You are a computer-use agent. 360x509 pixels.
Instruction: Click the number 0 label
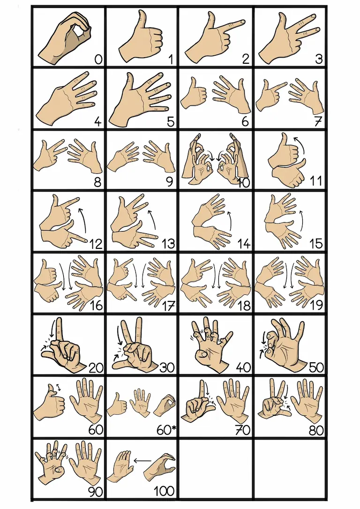click(x=98, y=59)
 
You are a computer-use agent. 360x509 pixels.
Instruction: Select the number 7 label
click(x=318, y=121)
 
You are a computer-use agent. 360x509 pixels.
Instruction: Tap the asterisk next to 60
click(x=174, y=428)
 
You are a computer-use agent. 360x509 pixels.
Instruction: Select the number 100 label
click(x=164, y=491)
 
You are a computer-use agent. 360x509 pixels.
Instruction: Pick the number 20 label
click(x=96, y=368)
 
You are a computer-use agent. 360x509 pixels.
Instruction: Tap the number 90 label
click(x=96, y=492)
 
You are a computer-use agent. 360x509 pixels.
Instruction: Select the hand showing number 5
click(x=141, y=99)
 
